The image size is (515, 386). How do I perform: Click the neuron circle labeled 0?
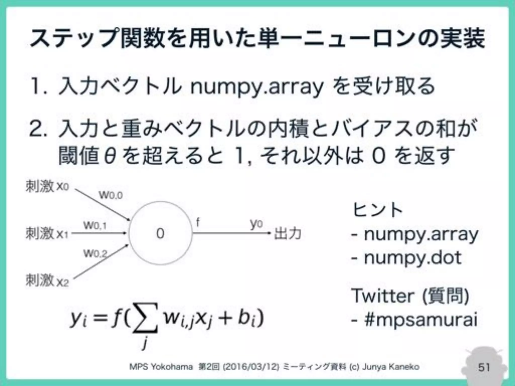coord(160,233)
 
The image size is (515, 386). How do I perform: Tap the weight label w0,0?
coord(111,195)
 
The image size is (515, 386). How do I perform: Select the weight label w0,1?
coord(95,225)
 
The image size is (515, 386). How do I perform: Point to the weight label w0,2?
coord(95,254)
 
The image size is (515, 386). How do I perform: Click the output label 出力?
coord(287,234)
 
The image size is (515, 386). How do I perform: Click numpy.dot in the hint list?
coord(413,258)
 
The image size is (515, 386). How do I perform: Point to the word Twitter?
coord(382,296)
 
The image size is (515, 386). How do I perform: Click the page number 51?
coord(484,367)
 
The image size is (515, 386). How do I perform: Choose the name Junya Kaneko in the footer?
coord(391,367)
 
